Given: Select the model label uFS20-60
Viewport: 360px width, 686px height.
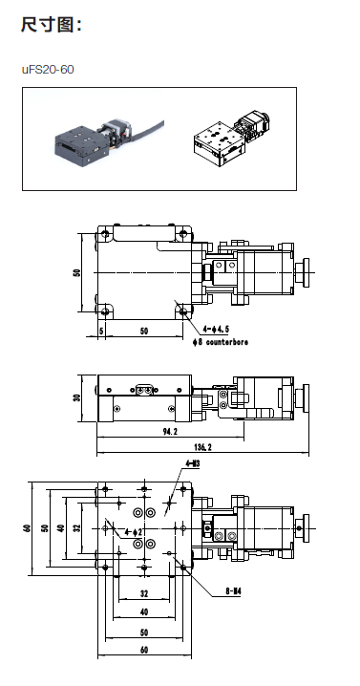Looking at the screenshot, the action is coord(48,70).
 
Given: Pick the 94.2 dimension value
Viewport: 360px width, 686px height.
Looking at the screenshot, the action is coord(170,431).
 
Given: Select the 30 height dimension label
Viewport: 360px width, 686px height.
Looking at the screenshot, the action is coord(78,398).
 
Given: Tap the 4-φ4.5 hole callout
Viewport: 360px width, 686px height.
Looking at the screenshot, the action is coord(216,330).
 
